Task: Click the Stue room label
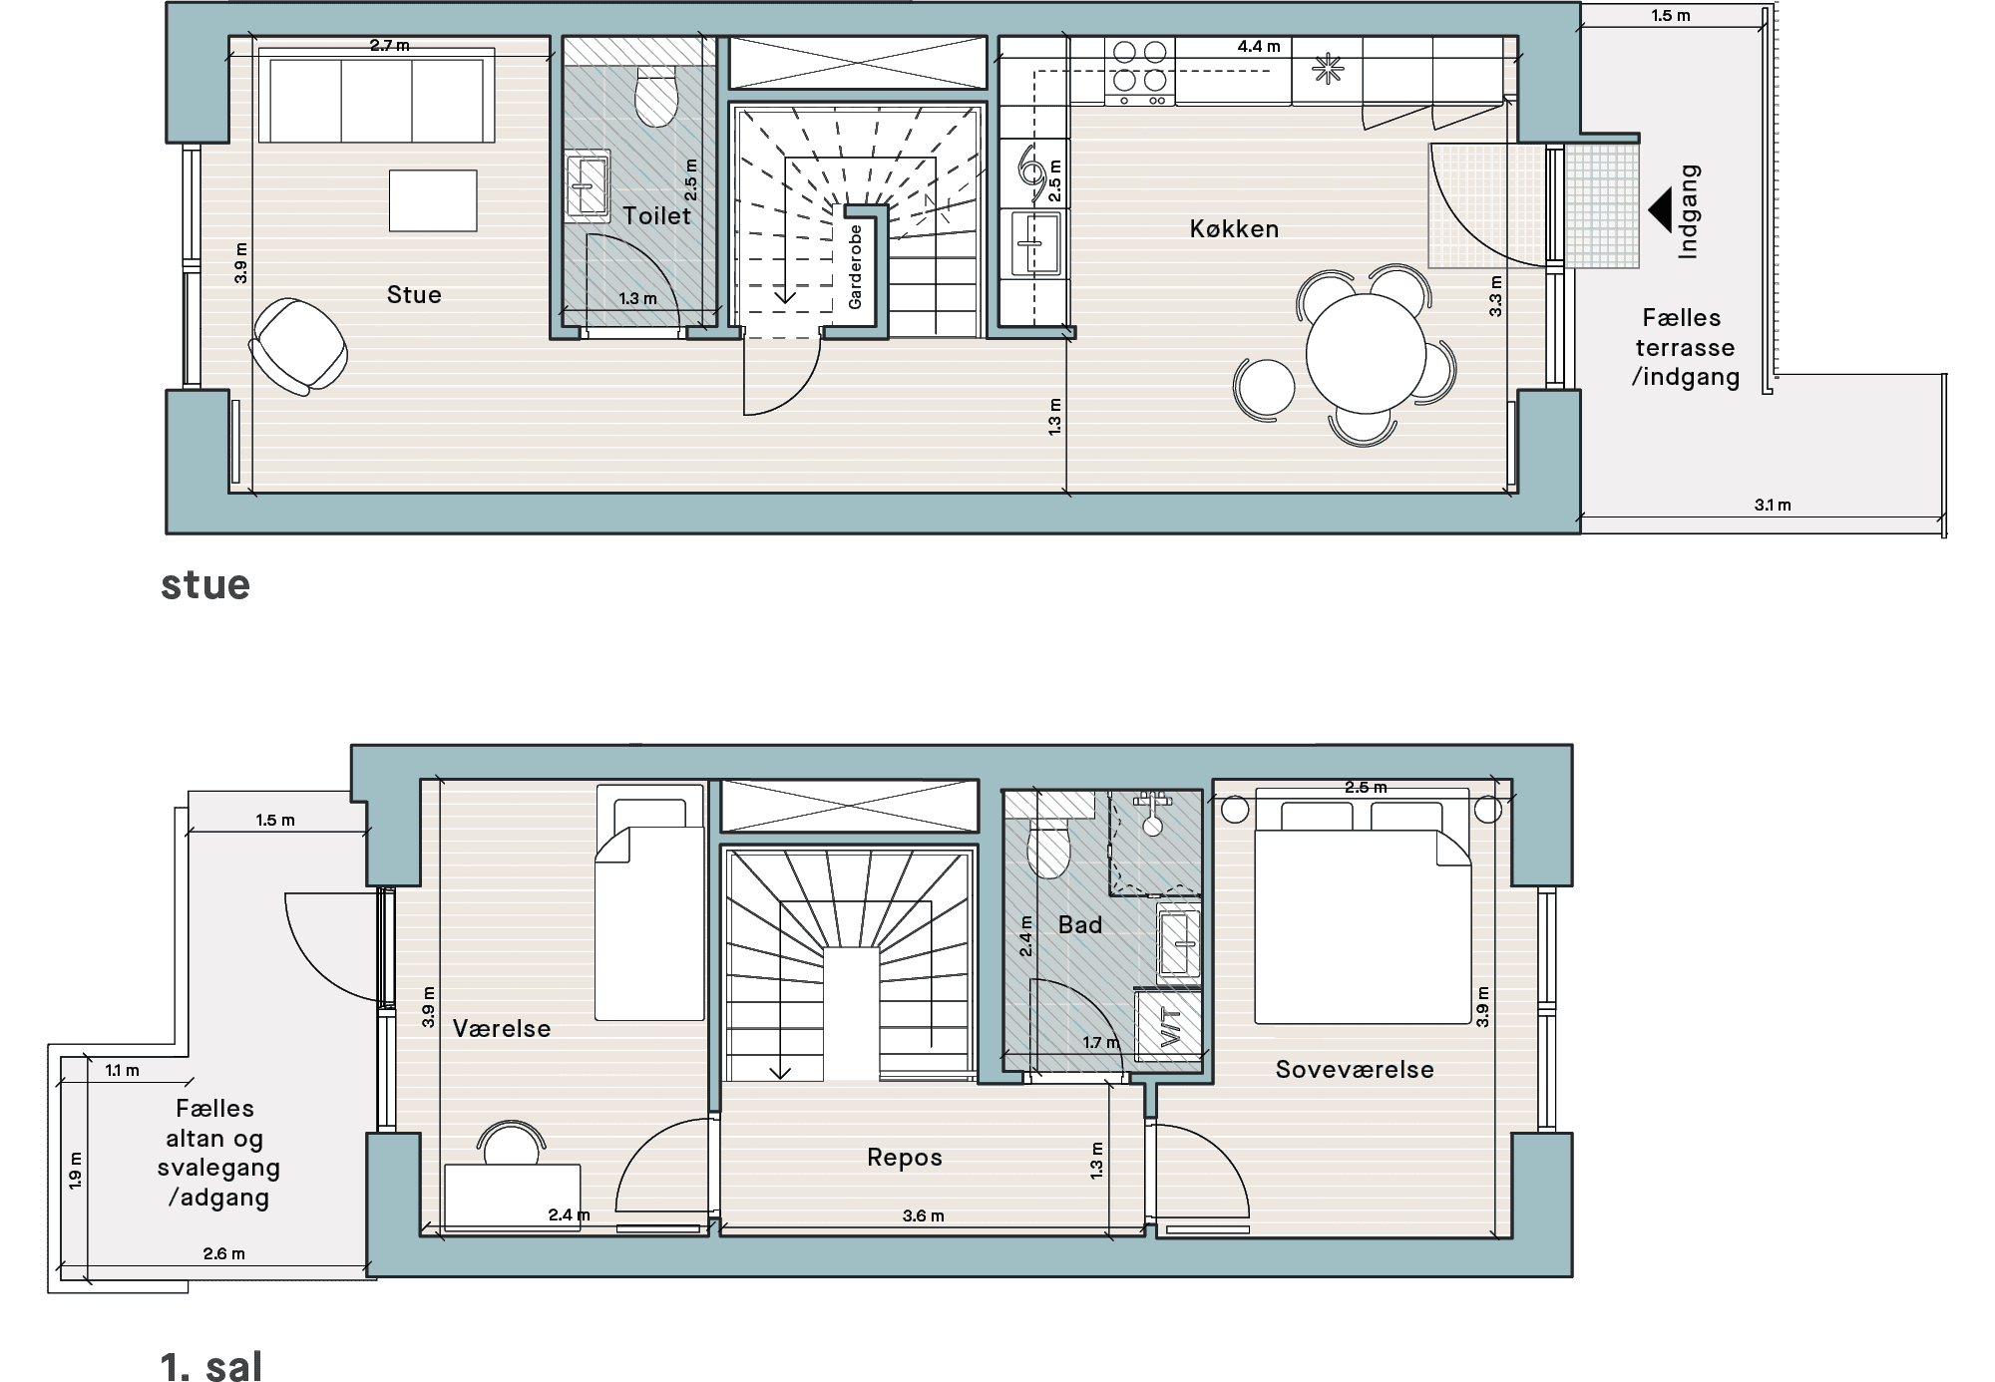point(414,294)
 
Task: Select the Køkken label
point(1234,228)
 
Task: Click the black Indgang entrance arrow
point(1660,210)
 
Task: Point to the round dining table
point(1367,353)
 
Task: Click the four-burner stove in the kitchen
point(1140,71)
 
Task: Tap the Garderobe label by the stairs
point(855,266)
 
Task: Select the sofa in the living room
point(376,95)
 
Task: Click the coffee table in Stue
point(433,200)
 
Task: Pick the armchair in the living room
point(298,346)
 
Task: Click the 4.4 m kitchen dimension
point(1258,46)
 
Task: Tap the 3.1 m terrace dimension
point(1773,505)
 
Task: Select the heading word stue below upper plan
point(205,584)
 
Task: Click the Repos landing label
point(905,1157)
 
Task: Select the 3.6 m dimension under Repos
point(923,1215)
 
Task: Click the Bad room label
point(1080,924)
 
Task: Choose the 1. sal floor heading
point(211,1365)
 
